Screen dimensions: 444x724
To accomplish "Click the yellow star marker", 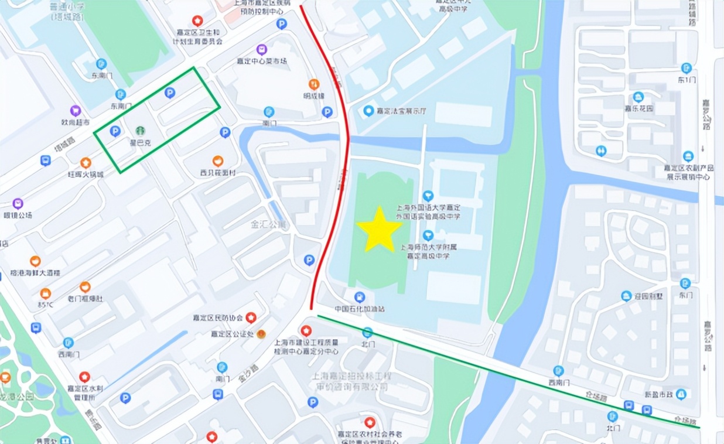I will (x=379, y=230).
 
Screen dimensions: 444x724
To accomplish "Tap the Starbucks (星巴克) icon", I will (x=140, y=131).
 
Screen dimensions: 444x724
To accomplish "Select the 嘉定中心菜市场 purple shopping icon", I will (x=261, y=49).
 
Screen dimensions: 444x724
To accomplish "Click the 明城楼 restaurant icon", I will (x=314, y=84).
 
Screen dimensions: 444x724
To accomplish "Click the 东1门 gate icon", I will (x=687, y=68).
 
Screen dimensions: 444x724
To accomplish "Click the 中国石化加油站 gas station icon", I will (x=360, y=297).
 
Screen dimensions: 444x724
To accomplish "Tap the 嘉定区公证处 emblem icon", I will (x=261, y=334).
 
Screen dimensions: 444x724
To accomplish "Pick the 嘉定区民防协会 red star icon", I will (x=251, y=318).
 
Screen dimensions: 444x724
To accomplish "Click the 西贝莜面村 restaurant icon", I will (x=218, y=161).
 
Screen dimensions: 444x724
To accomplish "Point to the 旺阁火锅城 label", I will (x=85, y=175).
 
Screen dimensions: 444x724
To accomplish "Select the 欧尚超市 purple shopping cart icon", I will (x=76, y=110).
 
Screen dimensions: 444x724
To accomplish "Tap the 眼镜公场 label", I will (x=18, y=215).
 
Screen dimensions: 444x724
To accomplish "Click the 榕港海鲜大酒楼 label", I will (x=35, y=273).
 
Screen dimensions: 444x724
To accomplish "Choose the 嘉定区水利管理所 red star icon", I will (x=84, y=377).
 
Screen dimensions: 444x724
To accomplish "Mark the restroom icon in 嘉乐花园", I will (x=601, y=151).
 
